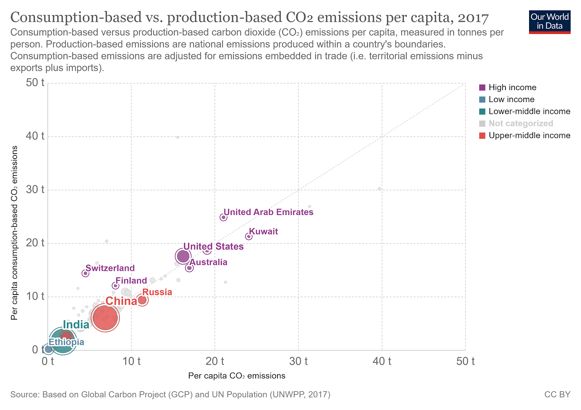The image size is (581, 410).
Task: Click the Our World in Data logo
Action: point(550,22)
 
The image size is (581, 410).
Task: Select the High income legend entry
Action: point(508,88)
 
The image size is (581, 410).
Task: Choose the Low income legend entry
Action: point(507,100)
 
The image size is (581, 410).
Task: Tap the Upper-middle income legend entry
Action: point(524,135)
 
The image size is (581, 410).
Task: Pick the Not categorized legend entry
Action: point(516,123)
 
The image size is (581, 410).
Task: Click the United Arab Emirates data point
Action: point(224,217)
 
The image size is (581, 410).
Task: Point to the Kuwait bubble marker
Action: point(249,236)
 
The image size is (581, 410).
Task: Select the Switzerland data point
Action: point(85,273)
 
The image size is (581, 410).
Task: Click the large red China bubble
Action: point(105,318)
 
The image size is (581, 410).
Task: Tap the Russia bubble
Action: point(142,300)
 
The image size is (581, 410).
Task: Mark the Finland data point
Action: point(115,285)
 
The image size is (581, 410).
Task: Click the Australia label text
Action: point(208,262)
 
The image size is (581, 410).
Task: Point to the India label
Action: point(76,325)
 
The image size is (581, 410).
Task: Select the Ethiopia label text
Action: point(66,342)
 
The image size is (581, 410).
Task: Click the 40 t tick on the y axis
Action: point(35,136)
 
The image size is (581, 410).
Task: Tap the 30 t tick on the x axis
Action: point(298,361)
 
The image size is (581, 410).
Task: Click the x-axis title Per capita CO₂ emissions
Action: point(236,376)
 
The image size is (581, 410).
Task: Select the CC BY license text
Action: point(557,394)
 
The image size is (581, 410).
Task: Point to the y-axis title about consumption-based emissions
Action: point(15,233)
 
